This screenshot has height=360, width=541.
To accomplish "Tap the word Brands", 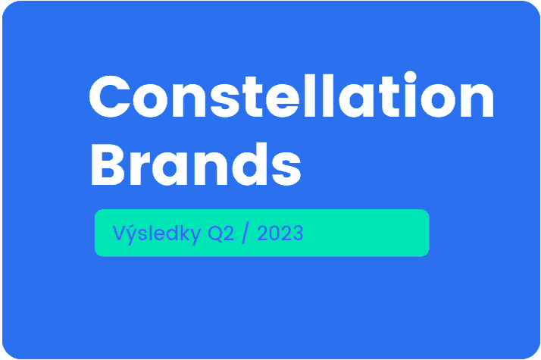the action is coord(196,164).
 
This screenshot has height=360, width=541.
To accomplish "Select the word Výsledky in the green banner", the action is coord(157,233).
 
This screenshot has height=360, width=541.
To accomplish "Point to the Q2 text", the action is coord(220,233).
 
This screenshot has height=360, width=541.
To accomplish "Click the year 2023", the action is coord(280,233).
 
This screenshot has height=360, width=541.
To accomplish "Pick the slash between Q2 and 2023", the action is coord(245,233).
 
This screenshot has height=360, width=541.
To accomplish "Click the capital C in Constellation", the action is coord(110,96).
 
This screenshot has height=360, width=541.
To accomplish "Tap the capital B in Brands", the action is coord(108,164).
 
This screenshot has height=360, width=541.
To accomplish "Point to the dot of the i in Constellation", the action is coord(410,77).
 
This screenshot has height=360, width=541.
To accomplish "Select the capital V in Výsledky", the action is coord(119,233).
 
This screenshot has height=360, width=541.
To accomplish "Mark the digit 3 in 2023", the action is coord(298,233).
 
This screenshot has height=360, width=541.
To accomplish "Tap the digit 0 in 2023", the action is coord(274,233).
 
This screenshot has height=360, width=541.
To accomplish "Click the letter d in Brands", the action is coord(250,164).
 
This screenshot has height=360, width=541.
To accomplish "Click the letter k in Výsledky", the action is coord(183,233).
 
